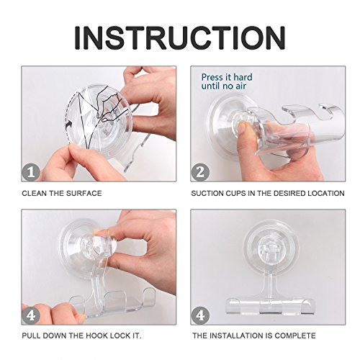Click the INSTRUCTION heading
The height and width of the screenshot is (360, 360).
(180, 38)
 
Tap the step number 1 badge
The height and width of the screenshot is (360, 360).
(31, 172)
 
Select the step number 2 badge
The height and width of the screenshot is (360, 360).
(200, 172)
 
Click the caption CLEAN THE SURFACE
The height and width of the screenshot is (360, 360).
(62, 194)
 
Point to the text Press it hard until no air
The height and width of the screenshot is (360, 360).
(227, 81)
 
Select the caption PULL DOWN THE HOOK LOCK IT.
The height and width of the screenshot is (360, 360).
(81, 336)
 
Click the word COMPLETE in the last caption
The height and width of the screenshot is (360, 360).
(295, 336)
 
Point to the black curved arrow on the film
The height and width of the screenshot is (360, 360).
(68, 125)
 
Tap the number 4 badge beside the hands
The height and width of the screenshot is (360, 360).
(31, 315)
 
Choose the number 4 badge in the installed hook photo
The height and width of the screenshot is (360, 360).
(200, 315)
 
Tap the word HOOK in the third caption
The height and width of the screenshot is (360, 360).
(97, 336)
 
